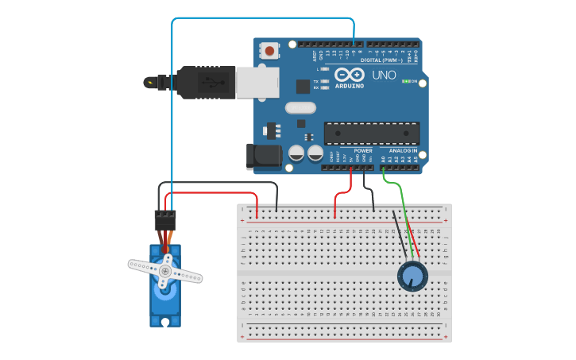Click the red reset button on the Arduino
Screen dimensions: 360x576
(270, 51)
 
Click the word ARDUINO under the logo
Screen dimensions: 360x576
(350, 86)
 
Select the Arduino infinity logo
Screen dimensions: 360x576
(349, 74)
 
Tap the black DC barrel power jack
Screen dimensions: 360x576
(264, 157)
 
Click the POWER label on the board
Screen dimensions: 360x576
(363, 150)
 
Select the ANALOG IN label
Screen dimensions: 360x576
(403, 150)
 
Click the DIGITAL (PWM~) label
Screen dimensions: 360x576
(382, 60)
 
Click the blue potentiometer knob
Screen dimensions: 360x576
(412, 276)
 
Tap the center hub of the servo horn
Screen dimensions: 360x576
(164, 271)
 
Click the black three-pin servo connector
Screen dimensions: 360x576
(165, 220)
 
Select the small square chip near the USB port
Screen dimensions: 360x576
(303, 87)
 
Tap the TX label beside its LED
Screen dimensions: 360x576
(315, 82)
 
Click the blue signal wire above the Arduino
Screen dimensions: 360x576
(262, 18)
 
